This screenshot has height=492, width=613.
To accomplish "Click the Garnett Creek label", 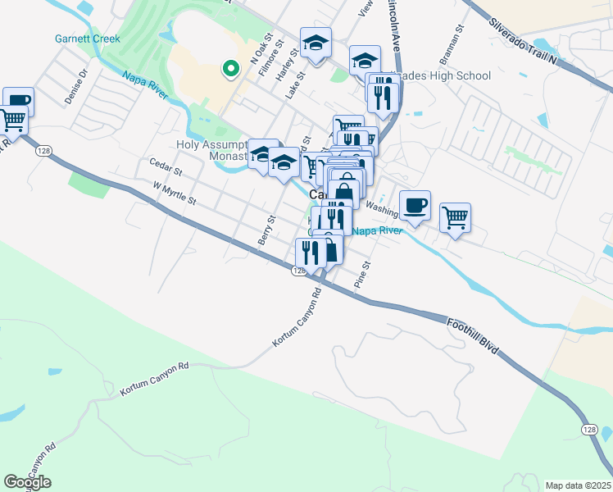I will [x=87, y=39].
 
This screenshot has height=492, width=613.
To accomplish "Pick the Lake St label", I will [x=294, y=84].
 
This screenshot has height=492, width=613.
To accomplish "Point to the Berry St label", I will [x=264, y=230].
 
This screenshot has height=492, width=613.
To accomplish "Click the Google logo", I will [x=27, y=482].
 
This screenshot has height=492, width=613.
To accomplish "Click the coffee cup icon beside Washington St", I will [x=415, y=205].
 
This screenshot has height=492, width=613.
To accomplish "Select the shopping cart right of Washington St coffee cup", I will [x=455, y=218].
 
